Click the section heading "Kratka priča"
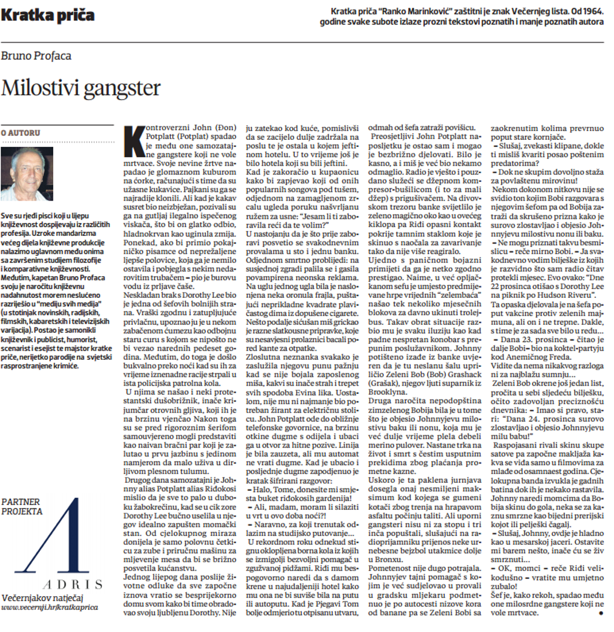pyautogui.click(x=47, y=15)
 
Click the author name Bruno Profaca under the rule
pyautogui.click(x=36, y=56)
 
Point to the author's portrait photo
pyautogui.click(x=26, y=174)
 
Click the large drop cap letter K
pyautogui.click(x=134, y=140)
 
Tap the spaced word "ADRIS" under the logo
pyautogui.click(x=73, y=585)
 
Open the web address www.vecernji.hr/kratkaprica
pyautogui.click(x=50, y=607)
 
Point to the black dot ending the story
pyautogui.click(x=601, y=613)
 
